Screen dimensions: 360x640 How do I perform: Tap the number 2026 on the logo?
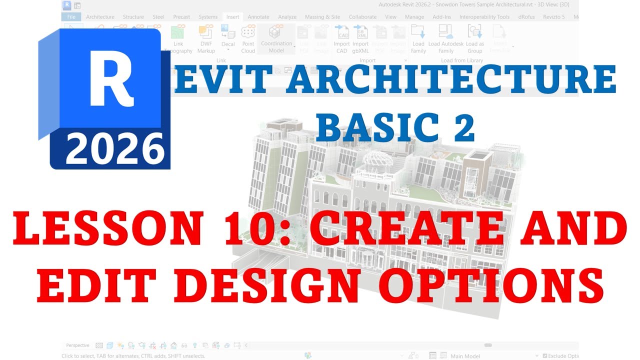tap(115, 148)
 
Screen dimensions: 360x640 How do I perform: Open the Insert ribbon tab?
tap(232, 17)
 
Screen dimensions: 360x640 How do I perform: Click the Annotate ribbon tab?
tap(258, 17)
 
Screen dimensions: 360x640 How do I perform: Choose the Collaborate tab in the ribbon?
tap(362, 17)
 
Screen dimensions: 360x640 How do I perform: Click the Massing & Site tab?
tap(322, 17)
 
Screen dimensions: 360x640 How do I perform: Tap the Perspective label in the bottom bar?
tap(77, 345)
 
